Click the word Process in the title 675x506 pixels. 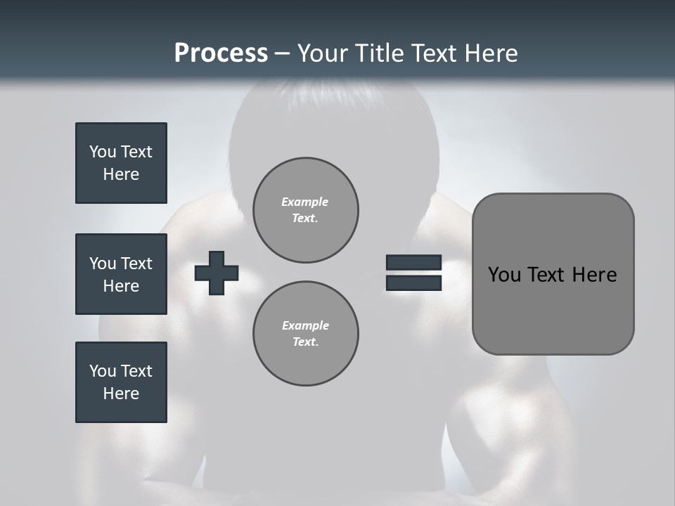pyautogui.click(x=221, y=53)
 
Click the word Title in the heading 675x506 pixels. pyautogui.click(x=380, y=53)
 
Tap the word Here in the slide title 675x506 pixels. pyautogui.click(x=490, y=53)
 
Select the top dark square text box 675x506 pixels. pyautogui.click(x=121, y=163)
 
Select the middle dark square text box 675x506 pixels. pyautogui.click(x=121, y=274)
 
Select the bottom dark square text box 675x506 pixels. pyautogui.click(x=121, y=382)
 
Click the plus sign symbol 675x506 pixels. pyautogui.click(x=217, y=273)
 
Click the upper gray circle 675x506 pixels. pyautogui.click(x=306, y=210)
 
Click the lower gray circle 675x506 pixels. pyautogui.click(x=306, y=334)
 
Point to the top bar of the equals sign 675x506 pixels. pyautogui.click(x=413, y=263)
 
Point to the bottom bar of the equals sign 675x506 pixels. pyautogui.click(x=413, y=283)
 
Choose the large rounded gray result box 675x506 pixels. pyautogui.click(x=553, y=309)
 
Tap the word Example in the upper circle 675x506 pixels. pyautogui.click(x=305, y=202)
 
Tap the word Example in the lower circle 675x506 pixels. pyautogui.click(x=305, y=325)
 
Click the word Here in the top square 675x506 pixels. pyautogui.click(x=121, y=174)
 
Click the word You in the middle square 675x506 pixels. pyautogui.click(x=103, y=264)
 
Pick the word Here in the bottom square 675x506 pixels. pyautogui.click(x=121, y=394)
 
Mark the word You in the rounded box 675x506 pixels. pyautogui.click(x=504, y=275)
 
